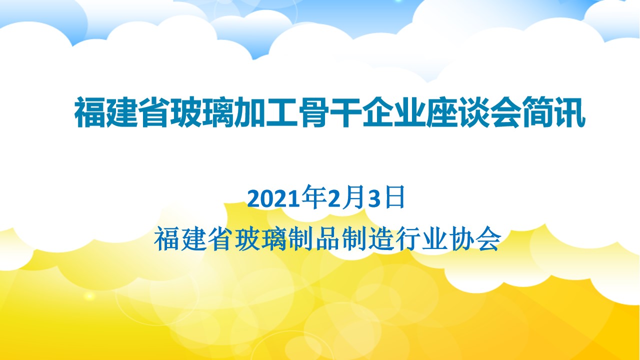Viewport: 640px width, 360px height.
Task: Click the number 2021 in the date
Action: (273, 198)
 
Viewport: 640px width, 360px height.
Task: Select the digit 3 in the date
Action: (374, 198)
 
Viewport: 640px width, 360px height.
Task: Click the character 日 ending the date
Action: (395, 197)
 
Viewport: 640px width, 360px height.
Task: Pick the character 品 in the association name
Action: (327, 239)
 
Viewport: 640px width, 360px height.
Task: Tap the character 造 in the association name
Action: (381, 239)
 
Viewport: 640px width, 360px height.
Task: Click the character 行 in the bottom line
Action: (408, 239)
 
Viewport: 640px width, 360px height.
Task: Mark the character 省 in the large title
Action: (154, 111)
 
